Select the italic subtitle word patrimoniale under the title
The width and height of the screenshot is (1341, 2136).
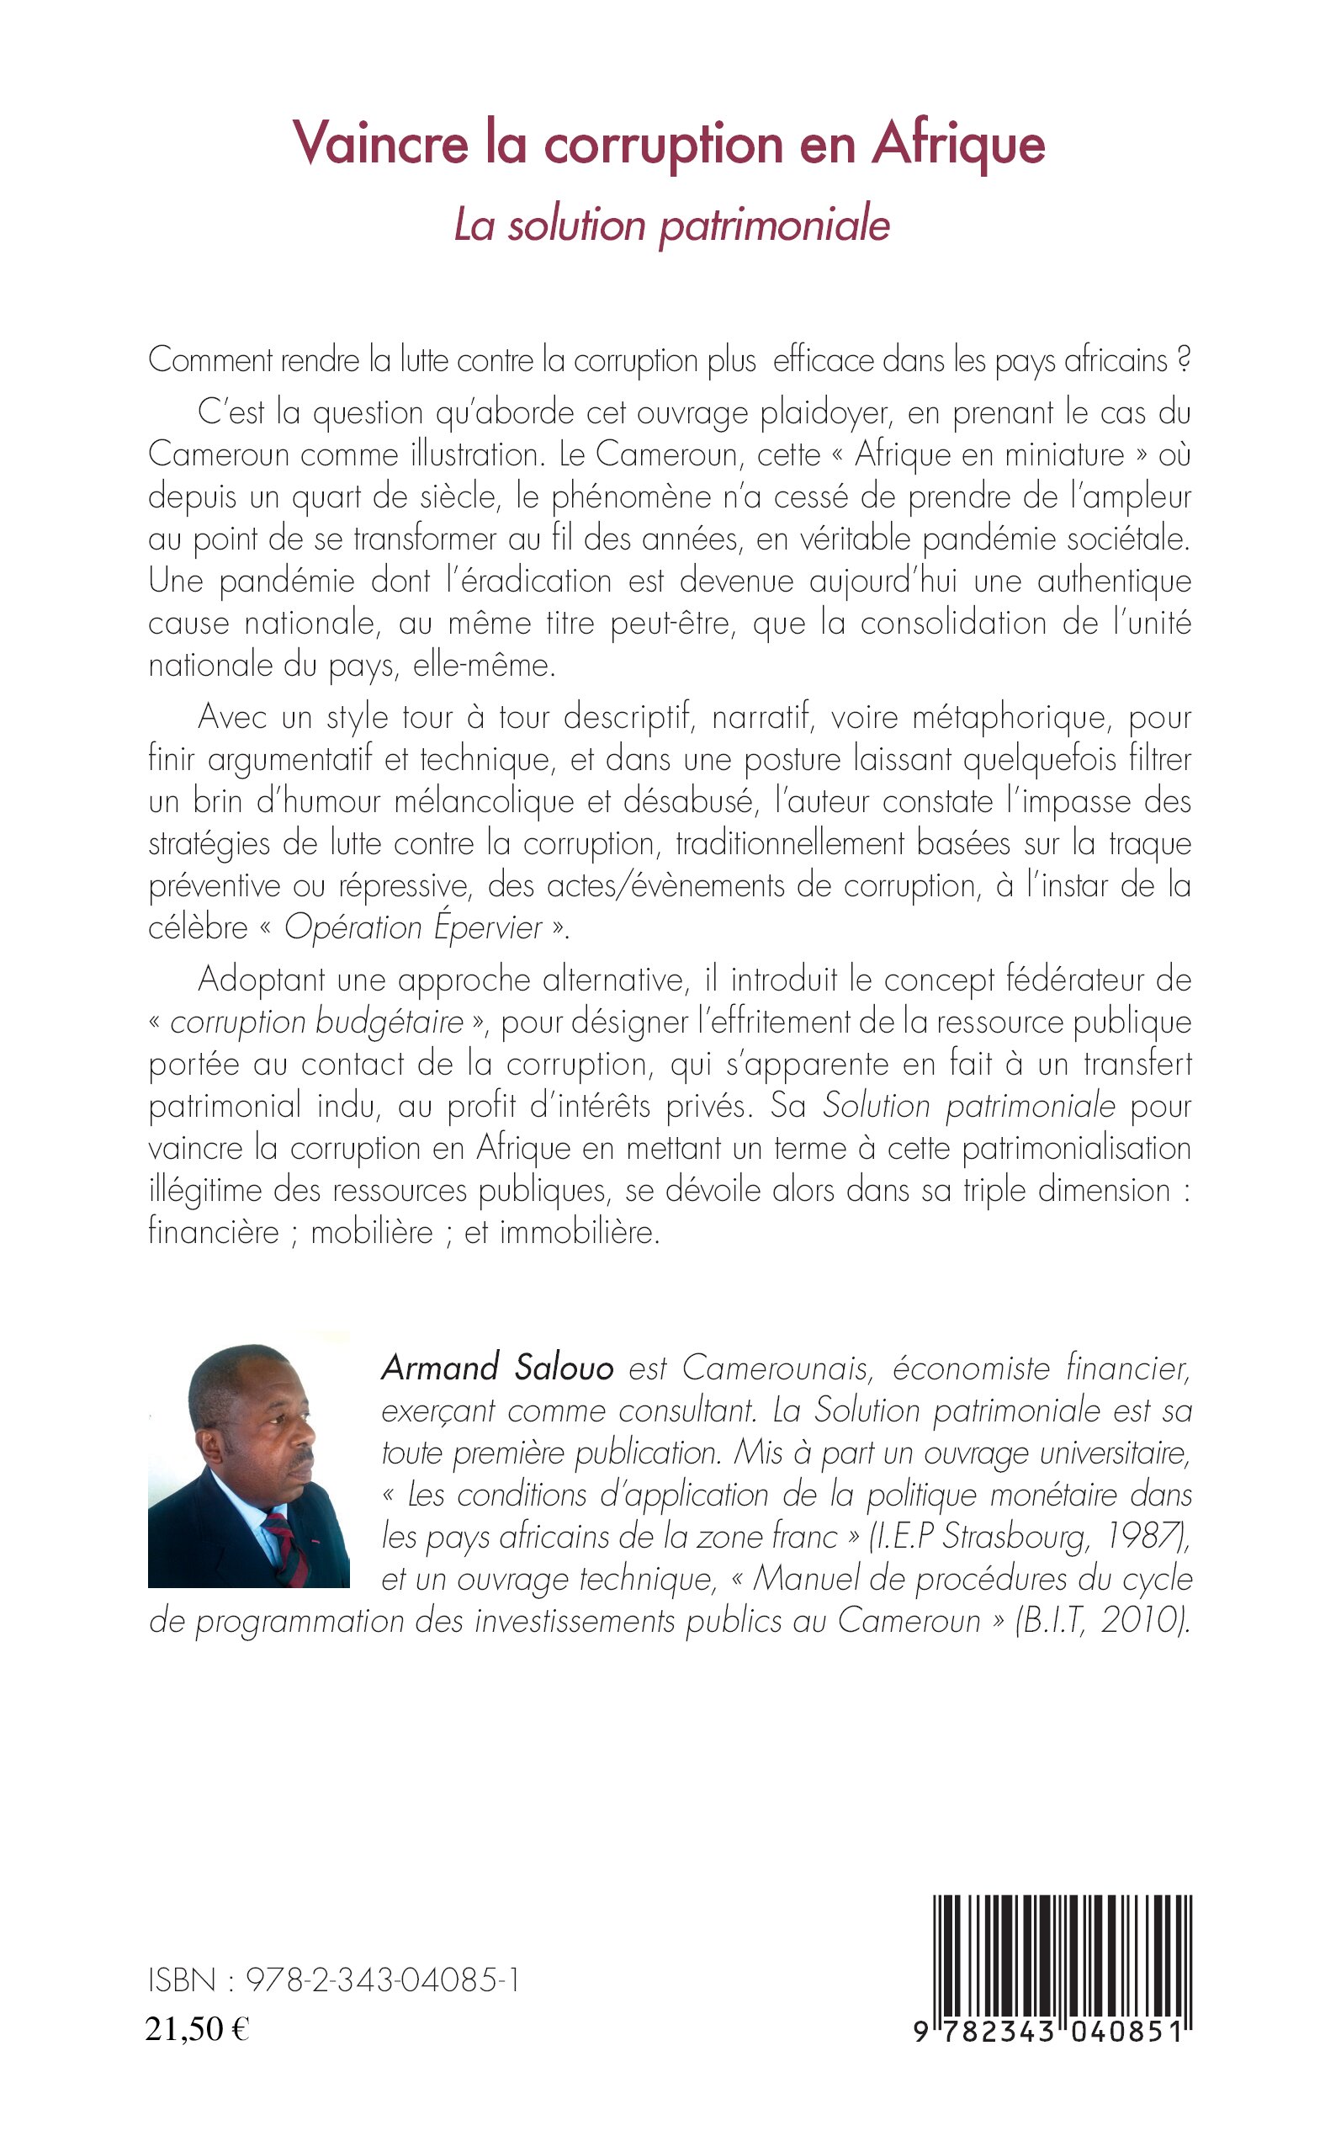pos(773,226)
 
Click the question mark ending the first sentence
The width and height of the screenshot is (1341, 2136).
pos(1182,361)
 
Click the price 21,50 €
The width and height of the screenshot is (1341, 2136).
pos(197,2028)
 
